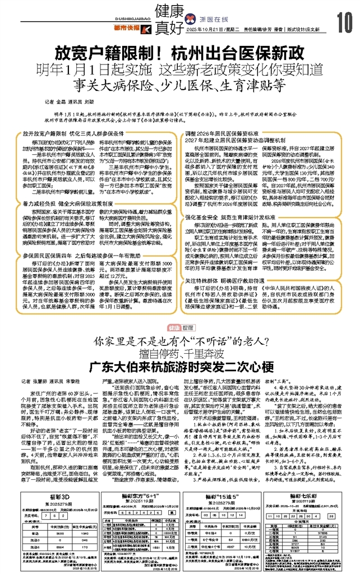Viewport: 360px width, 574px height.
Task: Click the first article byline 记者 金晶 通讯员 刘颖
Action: click(70, 103)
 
